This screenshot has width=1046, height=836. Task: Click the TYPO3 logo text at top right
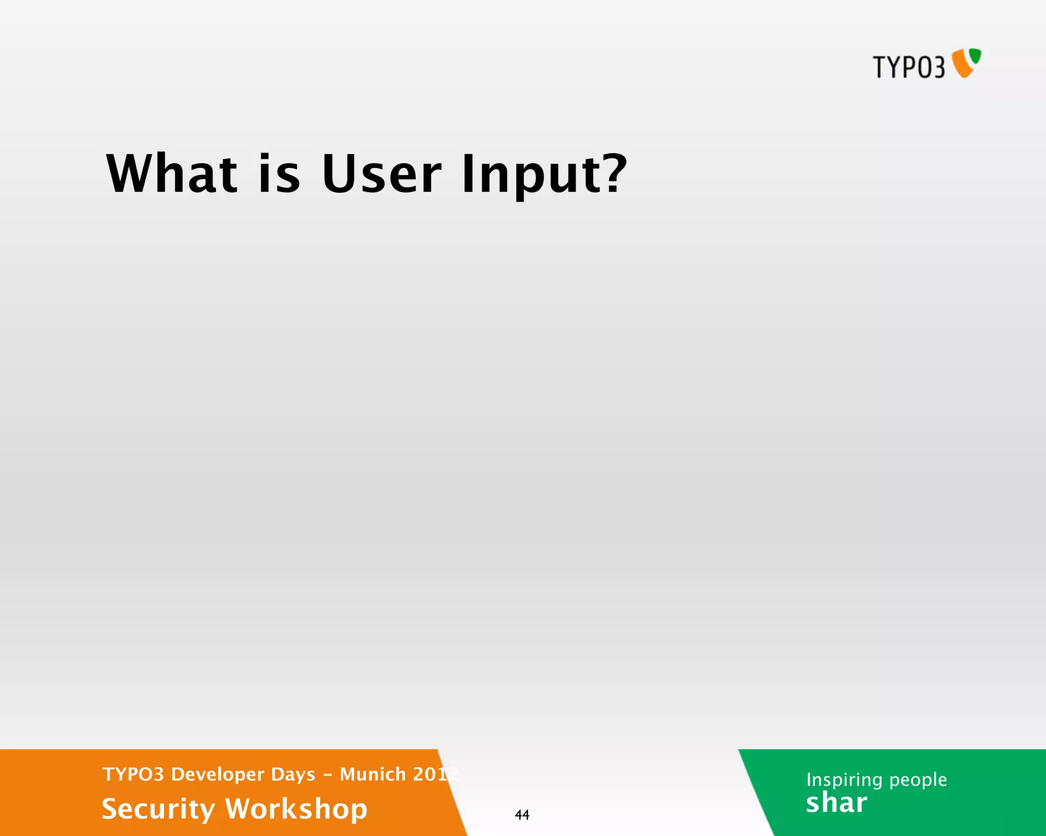point(909,67)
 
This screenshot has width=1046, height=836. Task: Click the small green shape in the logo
point(975,56)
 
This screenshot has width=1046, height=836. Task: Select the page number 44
point(522,815)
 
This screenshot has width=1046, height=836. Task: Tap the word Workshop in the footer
point(296,809)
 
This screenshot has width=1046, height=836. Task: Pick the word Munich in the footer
point(373,774)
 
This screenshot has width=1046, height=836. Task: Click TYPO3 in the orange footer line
point(133,774)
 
